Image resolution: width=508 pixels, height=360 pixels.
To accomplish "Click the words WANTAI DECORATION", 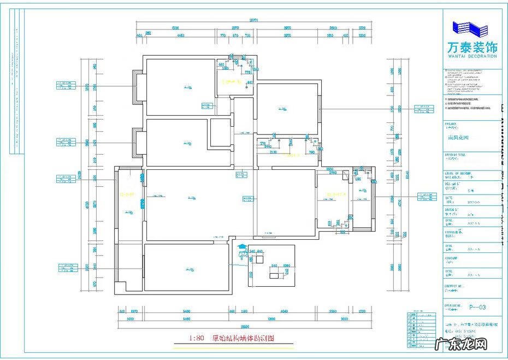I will pyautogui.click(x=470, y=56).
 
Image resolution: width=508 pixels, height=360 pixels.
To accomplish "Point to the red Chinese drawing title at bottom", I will pyautogui.click(x=244, y=338).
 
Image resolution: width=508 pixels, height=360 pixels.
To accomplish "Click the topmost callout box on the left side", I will pyautogui.click(x=65, y=85).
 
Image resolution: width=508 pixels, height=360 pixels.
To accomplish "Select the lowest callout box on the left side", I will pyautogui.click(x=68, y=267).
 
